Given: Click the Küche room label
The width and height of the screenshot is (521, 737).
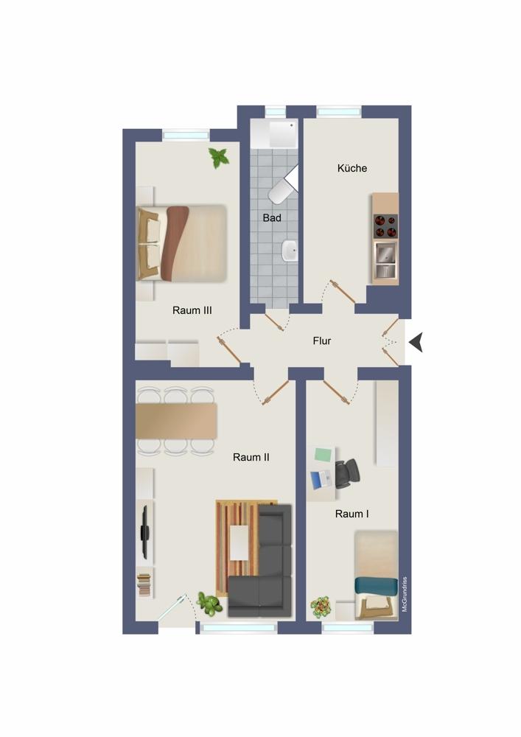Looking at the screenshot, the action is pyautogui.click(x=352, y=168).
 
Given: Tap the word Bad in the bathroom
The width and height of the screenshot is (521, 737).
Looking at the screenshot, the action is pyautogui.click(x=272, y=218).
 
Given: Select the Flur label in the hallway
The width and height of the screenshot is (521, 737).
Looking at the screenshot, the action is pyautogui.click(x=322, y=340).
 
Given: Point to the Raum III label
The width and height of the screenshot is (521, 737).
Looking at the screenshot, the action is pyautogui.click(x=192, y=310).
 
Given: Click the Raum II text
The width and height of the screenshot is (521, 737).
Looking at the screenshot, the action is pyautogui.click(x=251, y=457).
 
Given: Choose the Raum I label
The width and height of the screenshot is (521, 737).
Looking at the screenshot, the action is pyautogui.click(x=352, y=514).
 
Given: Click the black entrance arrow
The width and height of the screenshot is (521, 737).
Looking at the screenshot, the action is pyautogui.click(x=416, y=342).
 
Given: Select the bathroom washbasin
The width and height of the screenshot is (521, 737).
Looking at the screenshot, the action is pyautogui.click(x=289, y=250).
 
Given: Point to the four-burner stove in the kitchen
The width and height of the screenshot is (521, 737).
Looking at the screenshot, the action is pyautogui.click(x=385, y=226).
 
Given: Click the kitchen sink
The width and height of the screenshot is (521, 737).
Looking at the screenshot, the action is pyautogui.click(x=385, y=260).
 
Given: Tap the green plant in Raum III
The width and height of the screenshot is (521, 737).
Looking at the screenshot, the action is pyautogui.click(x=218, y=158).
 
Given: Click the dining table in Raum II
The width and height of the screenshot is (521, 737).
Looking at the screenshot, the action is pyautogui.click(x=177, y=421).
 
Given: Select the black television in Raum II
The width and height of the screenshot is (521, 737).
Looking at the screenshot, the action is pyautogui.click(x=145, y=532).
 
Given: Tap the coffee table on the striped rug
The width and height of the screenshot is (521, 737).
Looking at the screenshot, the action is pyautogui.click(x=239, y=543).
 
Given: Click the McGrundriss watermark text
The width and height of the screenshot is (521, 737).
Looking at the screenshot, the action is pyautogui.click(x=405, y=594).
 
